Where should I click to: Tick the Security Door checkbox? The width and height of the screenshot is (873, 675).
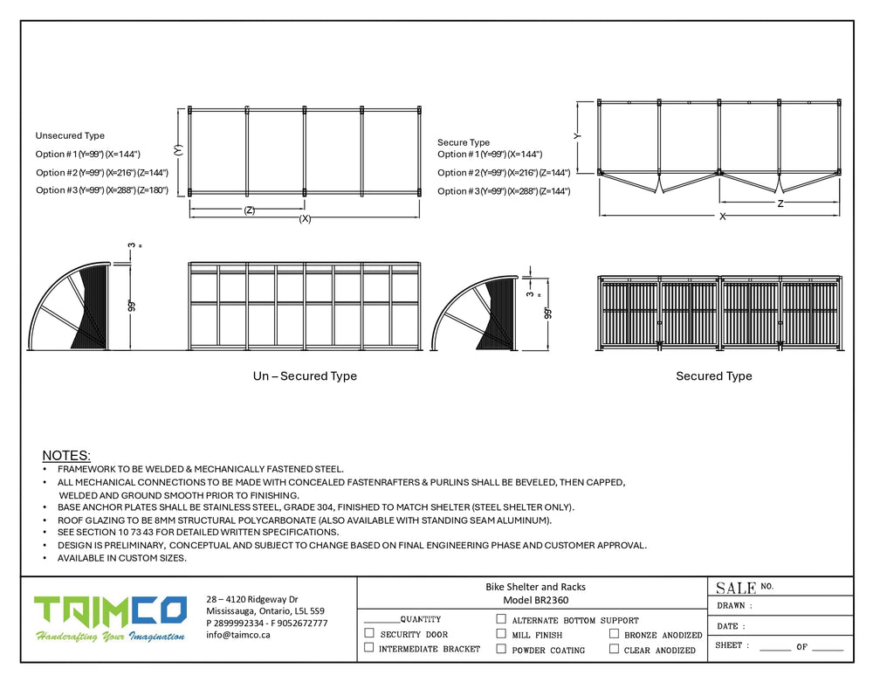[x=369, y=633]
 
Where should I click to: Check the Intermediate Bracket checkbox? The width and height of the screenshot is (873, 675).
[x=369, y=648]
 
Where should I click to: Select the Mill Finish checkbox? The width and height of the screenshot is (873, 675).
[x=501, y=634]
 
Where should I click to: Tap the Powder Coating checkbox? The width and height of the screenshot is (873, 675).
[x=501, y=649]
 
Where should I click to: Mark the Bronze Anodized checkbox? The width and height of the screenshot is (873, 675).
[x=615, y=634]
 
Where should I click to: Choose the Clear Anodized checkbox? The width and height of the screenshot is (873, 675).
[x=615, y=649]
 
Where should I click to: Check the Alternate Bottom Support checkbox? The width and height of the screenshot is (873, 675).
[x=501, y=619]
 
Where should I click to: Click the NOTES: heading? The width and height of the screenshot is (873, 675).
[x=66, y=456]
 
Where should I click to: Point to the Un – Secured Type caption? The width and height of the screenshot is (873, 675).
[x=305, y=376]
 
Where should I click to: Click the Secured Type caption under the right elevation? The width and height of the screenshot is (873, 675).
[x=713, y=376]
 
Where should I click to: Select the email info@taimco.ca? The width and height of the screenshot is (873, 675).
[x=238, y=635]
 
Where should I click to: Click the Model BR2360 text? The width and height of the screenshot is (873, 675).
[x=535, y=601]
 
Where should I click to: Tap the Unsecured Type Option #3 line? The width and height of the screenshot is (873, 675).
[x=101, y=190]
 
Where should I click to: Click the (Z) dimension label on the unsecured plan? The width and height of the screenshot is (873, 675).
[x=250, y=210]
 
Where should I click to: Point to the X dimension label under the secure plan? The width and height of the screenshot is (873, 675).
[x=722, y=216]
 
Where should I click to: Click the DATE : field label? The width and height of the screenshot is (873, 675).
[x=731, y=626]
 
